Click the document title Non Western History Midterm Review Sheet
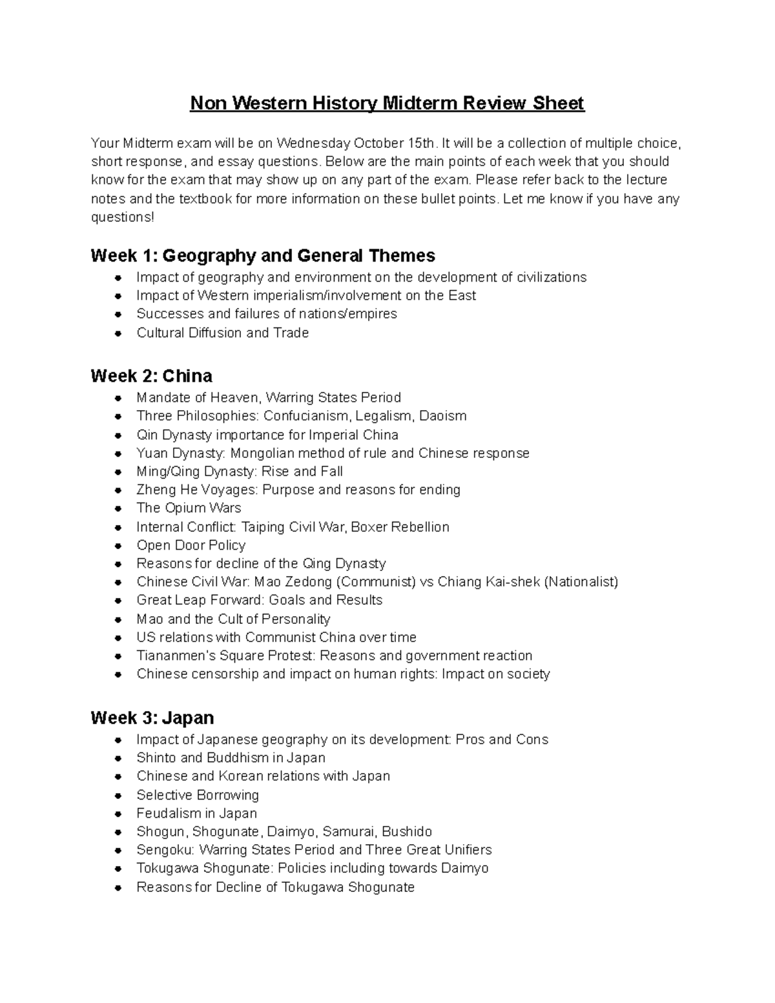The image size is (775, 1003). click(x=387, y=103)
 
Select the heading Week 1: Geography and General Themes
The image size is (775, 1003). click(x=263, y=256)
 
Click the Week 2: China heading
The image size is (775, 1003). click(x=151, y=376)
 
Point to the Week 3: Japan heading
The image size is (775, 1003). click(x=152, y=718)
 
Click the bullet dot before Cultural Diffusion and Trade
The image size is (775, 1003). click(x=118, y=333)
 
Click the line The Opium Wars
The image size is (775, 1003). click(x=189, y=508)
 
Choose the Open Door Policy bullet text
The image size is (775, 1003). click(x=191, y=545)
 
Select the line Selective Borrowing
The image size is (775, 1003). click(x=198, y=795)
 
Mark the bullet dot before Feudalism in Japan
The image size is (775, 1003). click(x=118, y=814)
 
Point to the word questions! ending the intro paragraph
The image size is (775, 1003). click(x=123, y=217)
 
